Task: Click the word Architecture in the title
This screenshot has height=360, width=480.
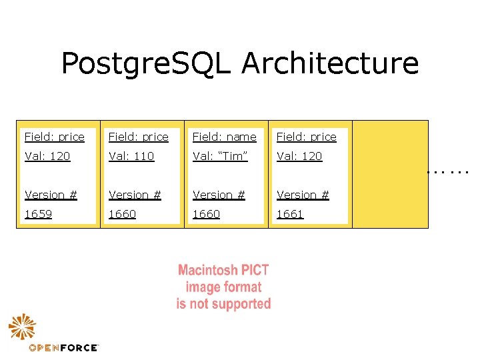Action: coord(330,64)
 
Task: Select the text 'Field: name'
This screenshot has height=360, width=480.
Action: coord(224,137)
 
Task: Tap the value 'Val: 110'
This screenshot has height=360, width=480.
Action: coord(131,156)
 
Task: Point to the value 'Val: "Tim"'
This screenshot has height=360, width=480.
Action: coord(220,156)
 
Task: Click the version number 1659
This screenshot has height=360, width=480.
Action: coord(39,214)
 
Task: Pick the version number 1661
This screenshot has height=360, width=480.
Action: coord(290,214)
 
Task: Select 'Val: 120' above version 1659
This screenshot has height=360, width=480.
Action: coord(47,156)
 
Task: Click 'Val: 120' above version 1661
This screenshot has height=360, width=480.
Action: coord(299,156)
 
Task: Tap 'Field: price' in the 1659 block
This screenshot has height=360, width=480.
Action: coord(55,137)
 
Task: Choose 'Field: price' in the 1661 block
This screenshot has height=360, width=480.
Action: coord(307,137)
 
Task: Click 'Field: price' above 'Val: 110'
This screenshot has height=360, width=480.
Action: coord(139,137)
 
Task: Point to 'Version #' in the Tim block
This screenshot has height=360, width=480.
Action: coord(219,195)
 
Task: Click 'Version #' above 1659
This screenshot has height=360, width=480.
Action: coord(51,195)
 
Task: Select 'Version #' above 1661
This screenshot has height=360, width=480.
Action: coord(303,195)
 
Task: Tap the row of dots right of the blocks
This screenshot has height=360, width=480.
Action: coord(449,172)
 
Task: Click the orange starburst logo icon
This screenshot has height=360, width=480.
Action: coord(22,327)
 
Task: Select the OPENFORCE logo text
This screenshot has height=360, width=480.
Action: coord(63,347)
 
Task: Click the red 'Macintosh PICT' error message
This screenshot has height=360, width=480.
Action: coord(223,287)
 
